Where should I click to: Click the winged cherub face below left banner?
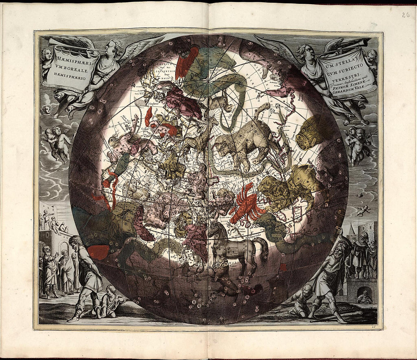pos(46,110)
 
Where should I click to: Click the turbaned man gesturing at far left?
pos(49,265)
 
